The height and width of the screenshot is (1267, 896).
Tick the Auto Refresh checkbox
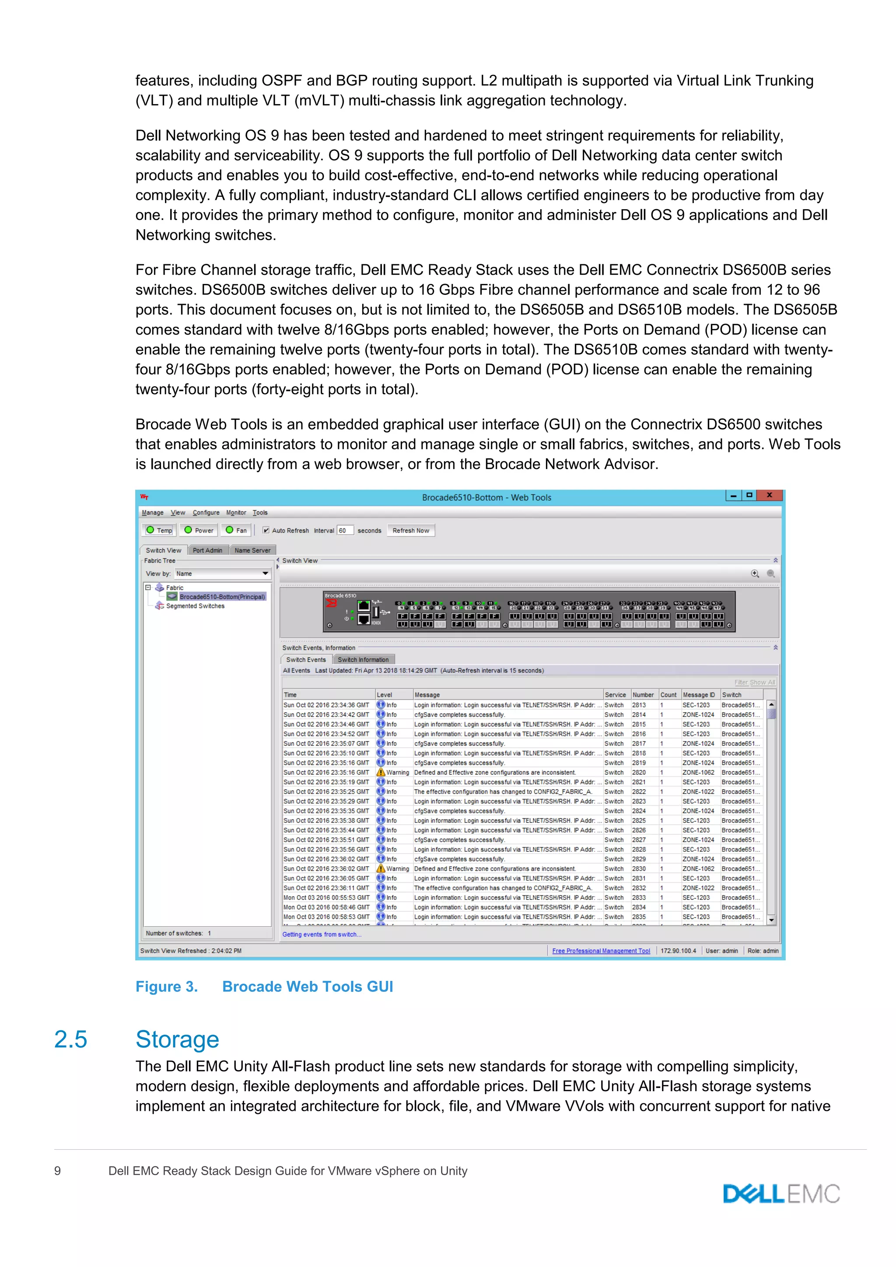(266, 530)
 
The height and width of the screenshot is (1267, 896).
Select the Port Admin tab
(207, 550)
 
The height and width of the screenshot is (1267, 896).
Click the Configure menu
(206, 513)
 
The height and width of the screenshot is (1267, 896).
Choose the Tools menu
(260, 513)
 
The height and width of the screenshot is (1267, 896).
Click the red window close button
(769, 496)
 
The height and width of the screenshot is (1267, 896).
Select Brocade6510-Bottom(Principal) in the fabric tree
(222, 596)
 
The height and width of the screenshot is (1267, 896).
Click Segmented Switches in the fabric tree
(195, 606)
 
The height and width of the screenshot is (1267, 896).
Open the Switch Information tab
(363, 659)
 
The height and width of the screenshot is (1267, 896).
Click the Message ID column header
(699, 695)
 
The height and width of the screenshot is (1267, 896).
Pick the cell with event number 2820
(639, 773)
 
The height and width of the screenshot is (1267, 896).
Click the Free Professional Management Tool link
(601, 951)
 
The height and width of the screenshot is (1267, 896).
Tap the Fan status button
(236, 530)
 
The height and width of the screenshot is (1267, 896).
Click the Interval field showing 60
(345, 530)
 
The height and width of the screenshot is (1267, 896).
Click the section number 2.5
(70, 1039)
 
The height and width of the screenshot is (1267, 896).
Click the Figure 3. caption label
(167, 987)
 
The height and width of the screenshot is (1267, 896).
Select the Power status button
(199, 530)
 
